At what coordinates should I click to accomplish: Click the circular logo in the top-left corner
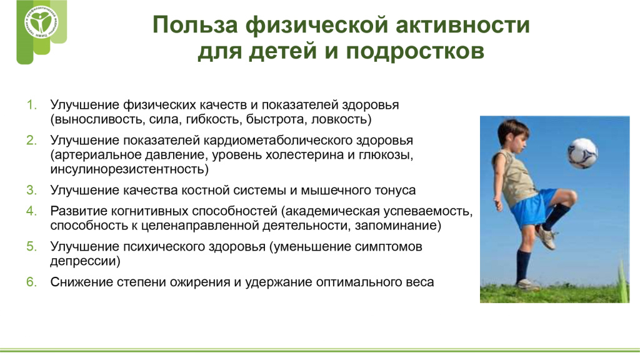[41, 22]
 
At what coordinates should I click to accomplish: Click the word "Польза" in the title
[195, 24]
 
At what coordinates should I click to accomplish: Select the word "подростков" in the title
[415, 52]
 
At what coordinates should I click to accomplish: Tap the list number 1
[31, 105]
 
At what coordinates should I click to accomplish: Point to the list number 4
[31, 211]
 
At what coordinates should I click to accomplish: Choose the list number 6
[31, 282]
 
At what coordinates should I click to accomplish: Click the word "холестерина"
[305, 155]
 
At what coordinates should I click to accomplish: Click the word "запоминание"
[395, 226]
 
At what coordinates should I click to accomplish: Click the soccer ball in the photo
[582, 154]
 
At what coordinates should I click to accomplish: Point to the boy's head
[513, 135]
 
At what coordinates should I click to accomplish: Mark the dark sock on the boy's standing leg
[523, 266]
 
